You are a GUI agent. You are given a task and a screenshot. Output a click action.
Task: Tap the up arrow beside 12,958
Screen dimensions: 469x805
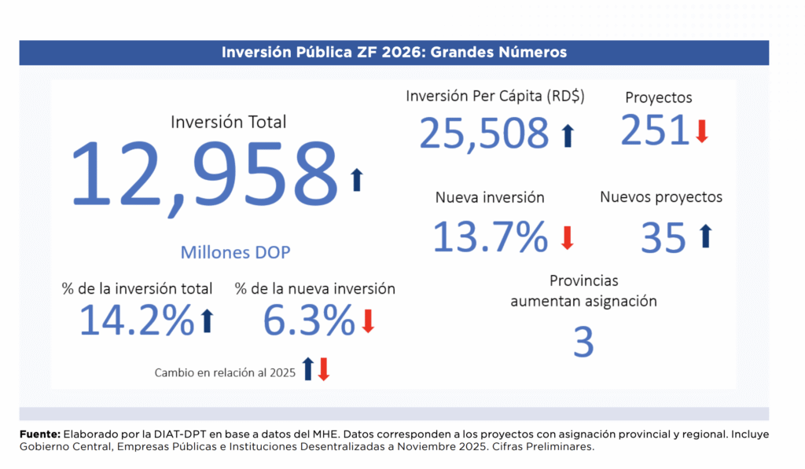357,180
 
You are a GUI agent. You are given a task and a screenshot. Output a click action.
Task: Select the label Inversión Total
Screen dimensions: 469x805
229,122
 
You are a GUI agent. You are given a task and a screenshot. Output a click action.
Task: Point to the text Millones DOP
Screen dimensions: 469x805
235,252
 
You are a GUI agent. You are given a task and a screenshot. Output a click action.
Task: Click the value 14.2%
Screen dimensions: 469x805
137,320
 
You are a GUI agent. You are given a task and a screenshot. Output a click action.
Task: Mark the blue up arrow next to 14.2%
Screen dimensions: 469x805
208,321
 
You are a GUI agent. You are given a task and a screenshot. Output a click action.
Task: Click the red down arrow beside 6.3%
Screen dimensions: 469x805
368,321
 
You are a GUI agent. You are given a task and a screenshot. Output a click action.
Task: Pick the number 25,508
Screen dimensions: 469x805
483,133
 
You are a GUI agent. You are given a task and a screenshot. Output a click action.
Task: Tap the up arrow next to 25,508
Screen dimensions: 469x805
568,135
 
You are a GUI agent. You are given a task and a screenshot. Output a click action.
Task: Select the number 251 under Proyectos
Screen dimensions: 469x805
655,130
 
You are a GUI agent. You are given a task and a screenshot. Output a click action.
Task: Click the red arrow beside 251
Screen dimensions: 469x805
702,130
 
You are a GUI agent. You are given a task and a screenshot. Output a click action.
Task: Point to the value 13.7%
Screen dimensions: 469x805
490,236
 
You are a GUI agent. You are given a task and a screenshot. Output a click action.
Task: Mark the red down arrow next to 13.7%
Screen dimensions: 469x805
567,237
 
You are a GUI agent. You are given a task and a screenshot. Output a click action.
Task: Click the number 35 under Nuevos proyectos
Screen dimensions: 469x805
663,238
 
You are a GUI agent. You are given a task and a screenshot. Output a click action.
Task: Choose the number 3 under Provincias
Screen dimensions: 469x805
583,343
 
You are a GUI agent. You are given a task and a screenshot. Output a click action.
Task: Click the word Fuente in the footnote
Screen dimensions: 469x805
39,434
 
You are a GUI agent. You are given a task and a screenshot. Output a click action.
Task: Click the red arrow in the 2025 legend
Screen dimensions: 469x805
324,369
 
